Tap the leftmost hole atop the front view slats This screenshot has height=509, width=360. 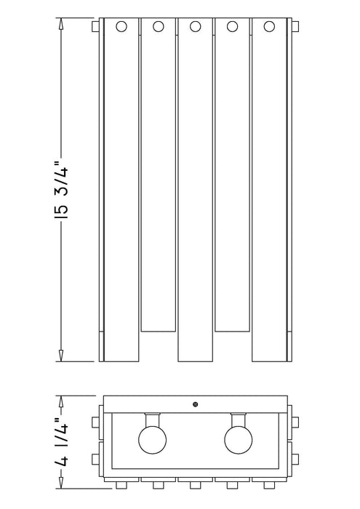pyautogui.click(x=121, y=28)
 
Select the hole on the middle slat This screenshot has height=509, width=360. pyautogui.click(x=195, y=28)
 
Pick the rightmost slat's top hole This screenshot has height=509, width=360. pyautogui.click(x=269, y=28)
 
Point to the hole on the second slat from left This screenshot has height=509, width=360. pyautogui.click(x=158, y=28)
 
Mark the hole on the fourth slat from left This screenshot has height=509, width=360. pyautogui.click(x=232, y=28)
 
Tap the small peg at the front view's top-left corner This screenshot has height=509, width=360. pyautogui.click(x=95, y=27)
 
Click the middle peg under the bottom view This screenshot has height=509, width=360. pyautogui.click(x=195, y=484)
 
